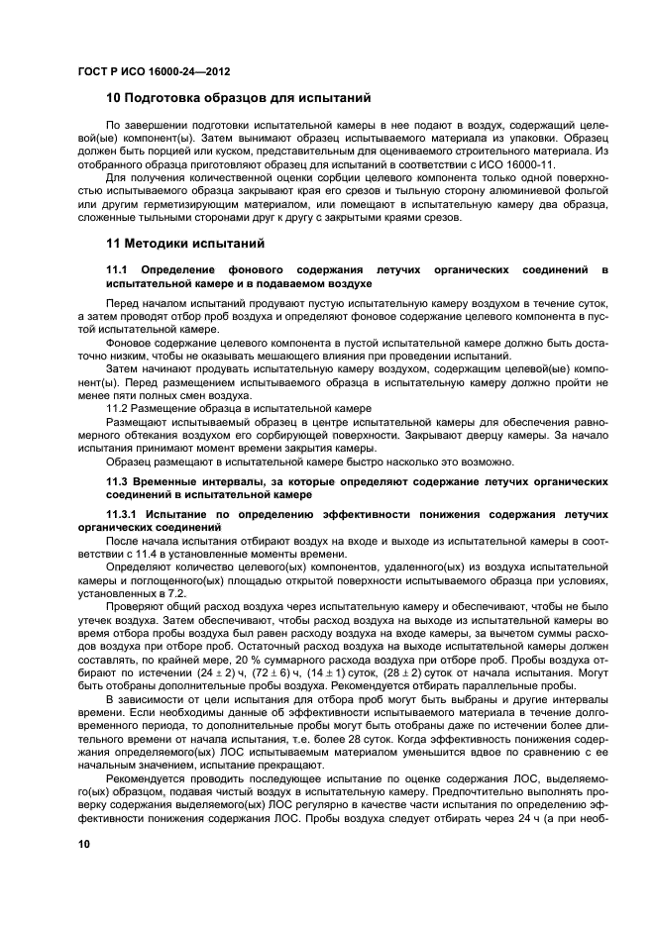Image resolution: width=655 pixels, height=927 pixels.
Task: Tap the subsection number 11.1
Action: [x=118, y=269]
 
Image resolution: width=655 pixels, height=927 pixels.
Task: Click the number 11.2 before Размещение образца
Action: [x=119, y=407]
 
